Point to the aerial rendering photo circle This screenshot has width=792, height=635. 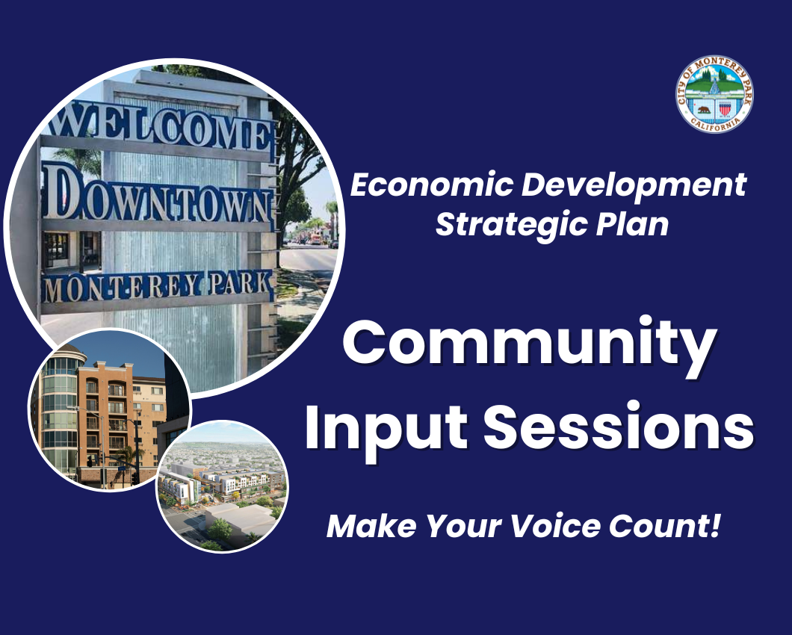point(222,486)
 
